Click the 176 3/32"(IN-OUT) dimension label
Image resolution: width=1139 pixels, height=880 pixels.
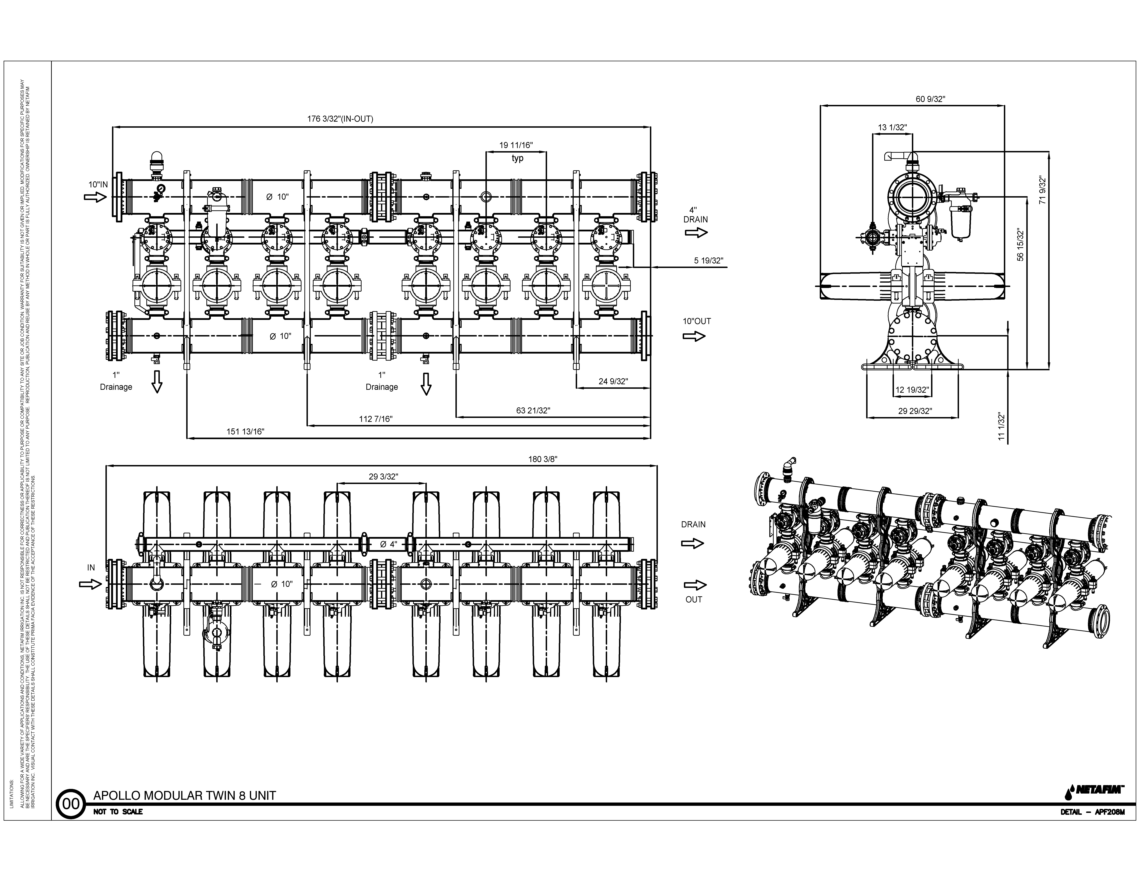pos(340,119)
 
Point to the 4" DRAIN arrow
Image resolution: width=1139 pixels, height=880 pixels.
pos(696,233)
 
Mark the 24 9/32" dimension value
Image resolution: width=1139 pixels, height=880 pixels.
pos(613,382)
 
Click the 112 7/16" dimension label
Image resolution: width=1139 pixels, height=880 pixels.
pos(376,419)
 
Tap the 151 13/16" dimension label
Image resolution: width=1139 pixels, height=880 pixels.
pos(246,432)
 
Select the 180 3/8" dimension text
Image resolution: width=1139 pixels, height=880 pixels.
pos(543,459)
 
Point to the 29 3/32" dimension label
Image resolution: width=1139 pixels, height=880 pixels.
pos(383,476)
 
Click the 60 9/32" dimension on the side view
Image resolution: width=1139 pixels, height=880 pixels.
pos(930,99)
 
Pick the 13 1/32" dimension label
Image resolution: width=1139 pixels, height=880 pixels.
pos(892,127)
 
